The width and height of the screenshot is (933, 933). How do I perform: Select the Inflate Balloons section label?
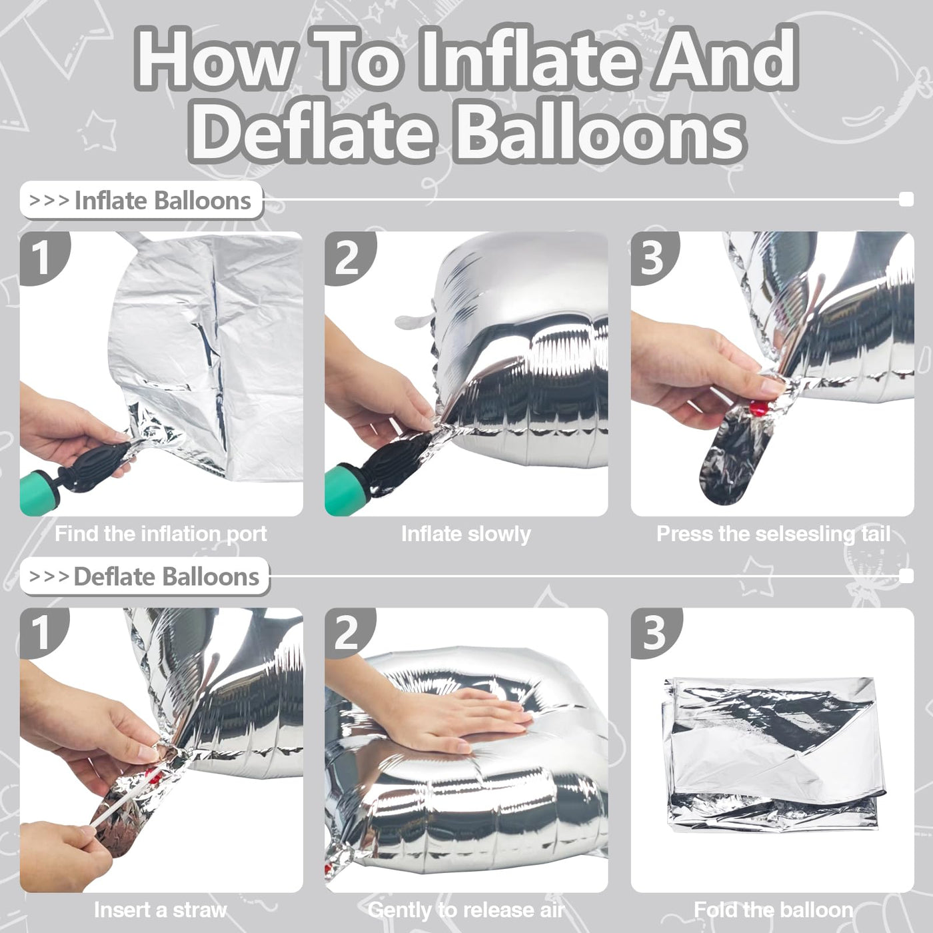[x=141, y=201]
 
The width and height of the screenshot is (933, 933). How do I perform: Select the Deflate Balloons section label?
[x=145, y=576]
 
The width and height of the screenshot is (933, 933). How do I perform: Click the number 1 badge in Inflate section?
[x=43, y=257]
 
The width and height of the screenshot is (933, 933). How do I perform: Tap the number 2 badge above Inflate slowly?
[x=349, y=257]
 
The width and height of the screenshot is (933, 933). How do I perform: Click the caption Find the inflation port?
[x=161, y=534]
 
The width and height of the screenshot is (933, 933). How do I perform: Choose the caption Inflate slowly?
[x=466, y=534]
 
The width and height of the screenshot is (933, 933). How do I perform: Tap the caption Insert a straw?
[x=160, y=910]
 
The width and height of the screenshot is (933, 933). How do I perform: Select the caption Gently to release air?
[x=466, y=910]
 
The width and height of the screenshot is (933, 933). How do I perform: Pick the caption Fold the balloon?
[x=773, y=910]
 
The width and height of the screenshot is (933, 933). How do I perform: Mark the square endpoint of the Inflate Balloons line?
[x=906, y=199]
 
